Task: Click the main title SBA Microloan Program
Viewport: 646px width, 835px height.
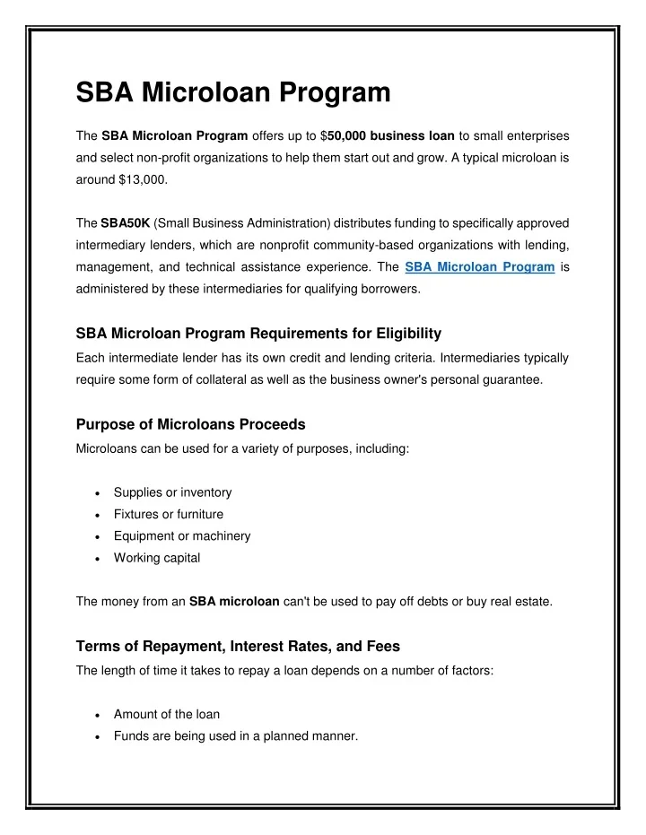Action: coord(233,91)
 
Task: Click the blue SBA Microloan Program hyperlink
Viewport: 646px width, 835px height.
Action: coord(479,266)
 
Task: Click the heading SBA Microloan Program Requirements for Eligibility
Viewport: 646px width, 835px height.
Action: coord(258,334)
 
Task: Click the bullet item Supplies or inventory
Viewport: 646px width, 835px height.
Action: coord(172,492)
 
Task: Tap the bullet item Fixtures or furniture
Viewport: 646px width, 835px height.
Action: coord(169,514)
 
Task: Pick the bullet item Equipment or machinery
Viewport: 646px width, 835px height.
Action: coord(182,535)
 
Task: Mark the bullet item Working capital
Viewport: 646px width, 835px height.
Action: coord(157,558)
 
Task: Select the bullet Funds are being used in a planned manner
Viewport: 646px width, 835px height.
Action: coord(235,736)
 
